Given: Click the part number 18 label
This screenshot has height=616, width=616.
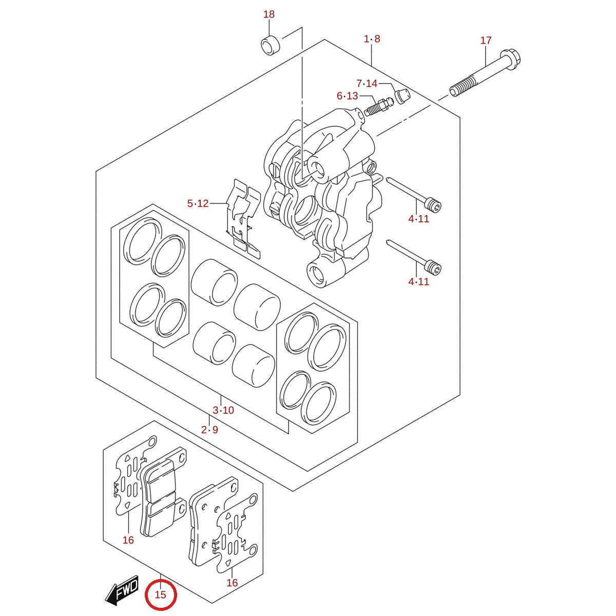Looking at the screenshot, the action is (269, 14).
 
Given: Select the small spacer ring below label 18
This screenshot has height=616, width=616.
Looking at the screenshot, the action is (271, 45).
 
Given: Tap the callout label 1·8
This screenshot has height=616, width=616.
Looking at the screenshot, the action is (372, 39).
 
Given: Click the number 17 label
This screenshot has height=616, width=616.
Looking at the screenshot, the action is (486, 41).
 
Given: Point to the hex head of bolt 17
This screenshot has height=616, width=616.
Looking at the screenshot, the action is (510, 60).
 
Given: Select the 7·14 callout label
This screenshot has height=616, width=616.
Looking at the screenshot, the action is (367, 84).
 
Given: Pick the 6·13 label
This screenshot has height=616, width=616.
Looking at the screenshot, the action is (348, 96).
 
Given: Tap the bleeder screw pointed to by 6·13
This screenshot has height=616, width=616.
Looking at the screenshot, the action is (378, 107).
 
